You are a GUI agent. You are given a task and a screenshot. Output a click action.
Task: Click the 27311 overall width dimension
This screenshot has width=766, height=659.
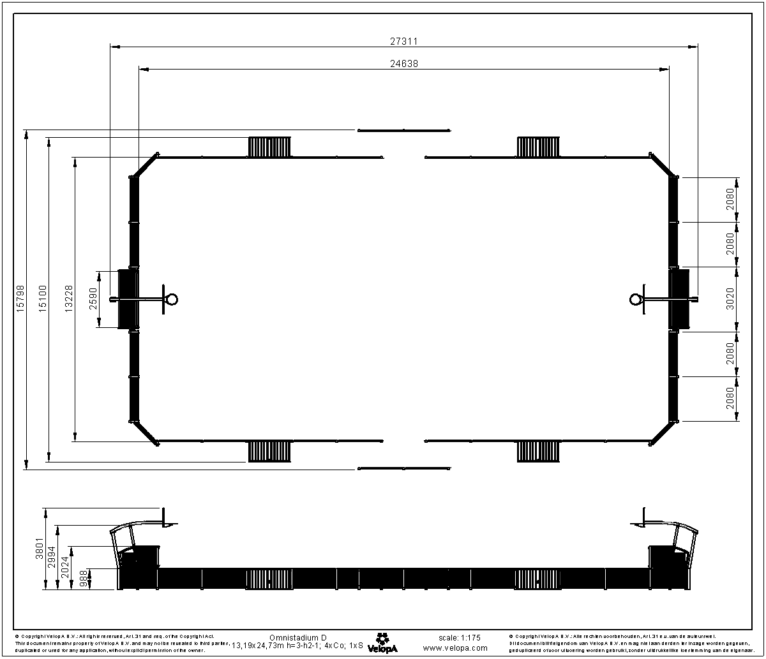point(404,40)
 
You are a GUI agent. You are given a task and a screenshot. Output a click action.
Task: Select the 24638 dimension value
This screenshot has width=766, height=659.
point(404,63)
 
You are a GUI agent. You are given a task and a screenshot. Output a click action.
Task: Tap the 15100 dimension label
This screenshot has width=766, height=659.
point(42,298)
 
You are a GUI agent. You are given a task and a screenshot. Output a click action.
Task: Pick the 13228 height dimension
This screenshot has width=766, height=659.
point(68,298)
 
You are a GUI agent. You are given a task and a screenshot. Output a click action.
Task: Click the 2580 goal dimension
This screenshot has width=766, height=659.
point(93,299)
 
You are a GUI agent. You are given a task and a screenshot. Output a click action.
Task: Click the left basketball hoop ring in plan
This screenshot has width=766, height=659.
point(171,299)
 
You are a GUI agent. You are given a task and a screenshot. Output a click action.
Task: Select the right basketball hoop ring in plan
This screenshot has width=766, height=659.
point(636,299)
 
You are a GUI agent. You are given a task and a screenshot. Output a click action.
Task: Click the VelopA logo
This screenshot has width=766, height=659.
point(382,642)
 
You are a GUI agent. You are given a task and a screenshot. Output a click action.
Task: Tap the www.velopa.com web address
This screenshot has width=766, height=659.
point(455,648)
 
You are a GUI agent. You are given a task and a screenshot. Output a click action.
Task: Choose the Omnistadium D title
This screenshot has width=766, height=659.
point(297,637)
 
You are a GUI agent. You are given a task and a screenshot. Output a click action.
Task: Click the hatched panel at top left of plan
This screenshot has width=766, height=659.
point(269,147)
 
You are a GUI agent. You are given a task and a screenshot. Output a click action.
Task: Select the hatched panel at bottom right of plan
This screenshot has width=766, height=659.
point(538,451)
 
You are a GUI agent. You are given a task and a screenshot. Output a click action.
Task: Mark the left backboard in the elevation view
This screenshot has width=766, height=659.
point(164,516)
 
